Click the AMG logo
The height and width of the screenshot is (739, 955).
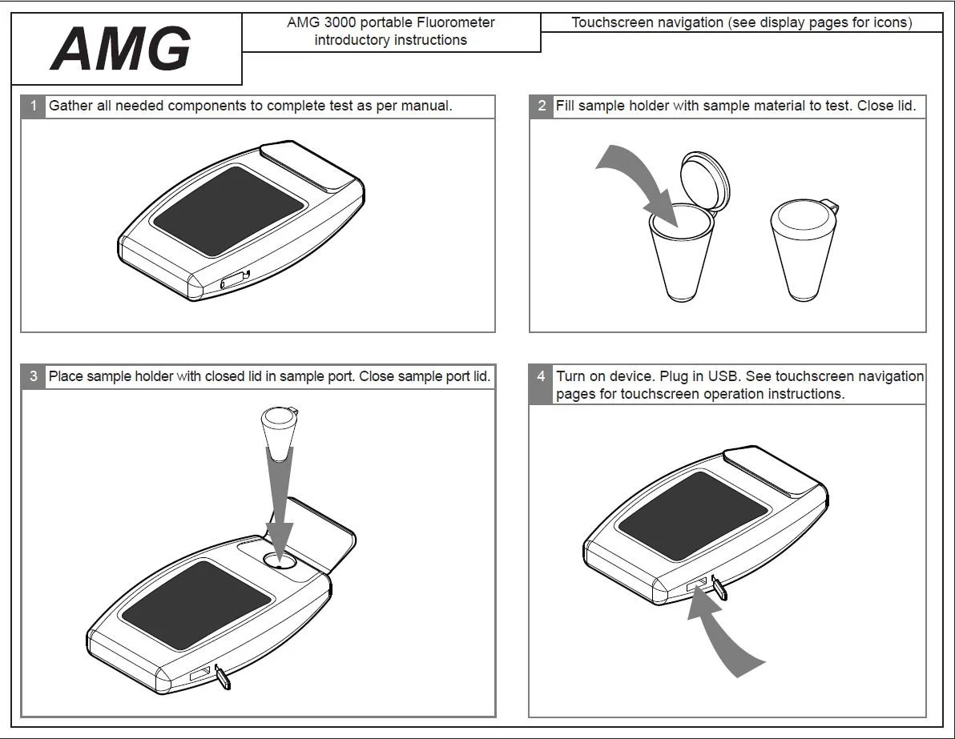point(121,50)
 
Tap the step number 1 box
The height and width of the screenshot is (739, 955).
point(33,106)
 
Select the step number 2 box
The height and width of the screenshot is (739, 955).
point(542,106)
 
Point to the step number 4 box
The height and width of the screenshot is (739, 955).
point(542,376)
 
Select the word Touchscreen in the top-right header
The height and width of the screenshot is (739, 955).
point(607,23)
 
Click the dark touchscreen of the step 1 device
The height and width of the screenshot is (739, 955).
point(228,211)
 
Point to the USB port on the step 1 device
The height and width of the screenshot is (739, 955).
point(234,279)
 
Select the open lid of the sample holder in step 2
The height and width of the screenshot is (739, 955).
point(705,179)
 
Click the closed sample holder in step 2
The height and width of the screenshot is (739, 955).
point(801,248)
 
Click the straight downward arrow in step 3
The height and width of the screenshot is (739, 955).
point(280,512)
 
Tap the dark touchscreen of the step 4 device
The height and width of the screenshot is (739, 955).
point(693,516)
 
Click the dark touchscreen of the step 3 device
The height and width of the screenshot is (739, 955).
point(196,605)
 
